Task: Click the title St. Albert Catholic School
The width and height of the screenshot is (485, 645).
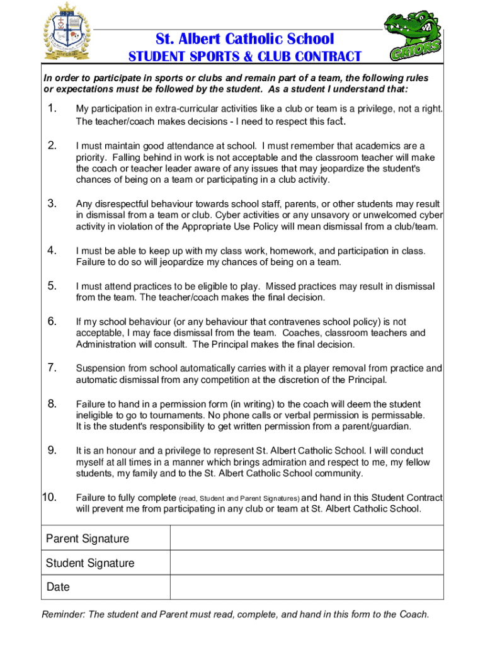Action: (x=246, y=39)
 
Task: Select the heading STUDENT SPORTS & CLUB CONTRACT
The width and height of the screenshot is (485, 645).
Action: (x=245, y=57)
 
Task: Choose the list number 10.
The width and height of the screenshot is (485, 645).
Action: (x=49, y=498)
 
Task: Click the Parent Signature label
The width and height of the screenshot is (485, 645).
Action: (x=87, y=539)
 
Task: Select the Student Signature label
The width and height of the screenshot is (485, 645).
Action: (x=90, y=563)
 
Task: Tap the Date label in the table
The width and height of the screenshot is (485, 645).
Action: (x=58, y=587)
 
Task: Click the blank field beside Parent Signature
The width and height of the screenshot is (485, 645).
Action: (x=307, y=539)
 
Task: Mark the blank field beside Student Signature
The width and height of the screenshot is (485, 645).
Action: (x=307, y=563)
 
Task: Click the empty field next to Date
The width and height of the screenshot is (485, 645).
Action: (x=307, y=587)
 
